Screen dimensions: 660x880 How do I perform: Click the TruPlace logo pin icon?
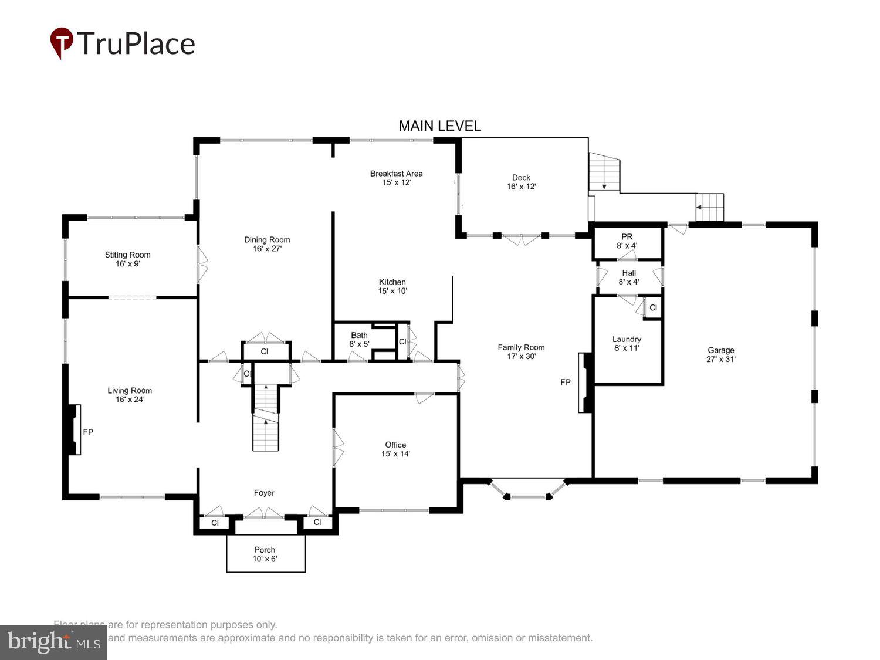(x=61, y=42)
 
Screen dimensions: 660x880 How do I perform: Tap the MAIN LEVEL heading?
(x=439, y=126)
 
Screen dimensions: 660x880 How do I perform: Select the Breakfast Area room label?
(x=396, y=174)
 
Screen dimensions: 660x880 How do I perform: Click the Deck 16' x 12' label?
(x=521, y=182)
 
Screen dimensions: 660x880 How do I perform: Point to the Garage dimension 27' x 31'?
(x=720, y=359)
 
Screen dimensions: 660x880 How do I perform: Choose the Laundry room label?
(x=627, y=339)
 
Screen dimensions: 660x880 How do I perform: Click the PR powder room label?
(x=627, y=237)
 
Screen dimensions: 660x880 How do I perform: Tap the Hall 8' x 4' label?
(x=629, y=277)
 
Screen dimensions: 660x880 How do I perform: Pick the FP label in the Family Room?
(x=565, y=383)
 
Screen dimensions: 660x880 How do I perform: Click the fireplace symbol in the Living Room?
(x=73, y=429)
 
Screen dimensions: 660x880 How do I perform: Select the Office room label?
(x=395, y=445)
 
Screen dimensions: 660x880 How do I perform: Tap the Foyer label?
(x=264, y=493)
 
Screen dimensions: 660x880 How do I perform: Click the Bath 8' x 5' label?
(x=359, y=339)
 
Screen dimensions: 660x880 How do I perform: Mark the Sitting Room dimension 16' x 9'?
(x=127, y=264)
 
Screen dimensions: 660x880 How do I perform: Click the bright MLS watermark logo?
(x=53, y=642)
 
